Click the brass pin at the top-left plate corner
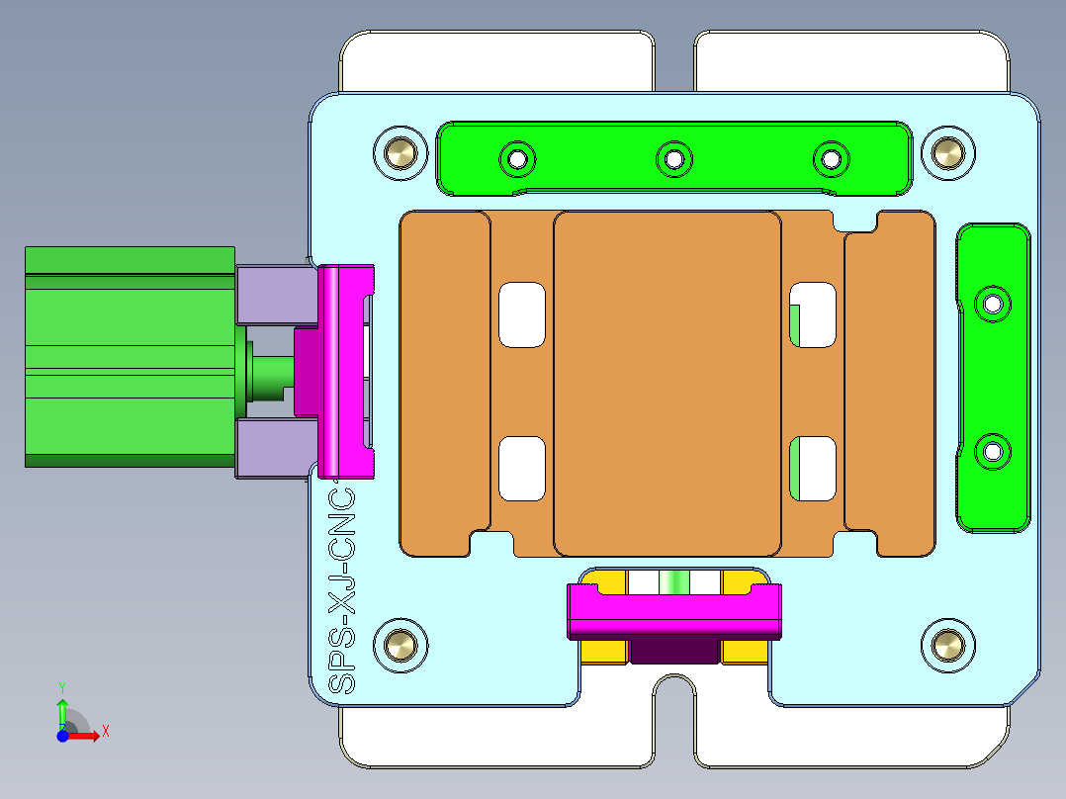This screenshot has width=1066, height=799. pos(400,153)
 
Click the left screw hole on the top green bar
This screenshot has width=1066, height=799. pos(516,157)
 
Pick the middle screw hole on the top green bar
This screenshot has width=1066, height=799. pos(674,157)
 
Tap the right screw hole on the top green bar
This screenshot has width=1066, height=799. pos(831,157)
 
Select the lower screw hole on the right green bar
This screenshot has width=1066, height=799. pos(992,452)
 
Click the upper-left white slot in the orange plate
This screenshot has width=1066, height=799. pos(522,314)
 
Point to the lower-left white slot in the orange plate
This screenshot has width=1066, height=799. pos(522,468)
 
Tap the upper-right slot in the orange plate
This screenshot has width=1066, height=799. pos(815,314)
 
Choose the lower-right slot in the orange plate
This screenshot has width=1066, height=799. pos(815,468)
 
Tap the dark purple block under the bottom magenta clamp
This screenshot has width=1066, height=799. pos(674,650)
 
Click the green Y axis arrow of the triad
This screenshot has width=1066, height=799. pos(62,707)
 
